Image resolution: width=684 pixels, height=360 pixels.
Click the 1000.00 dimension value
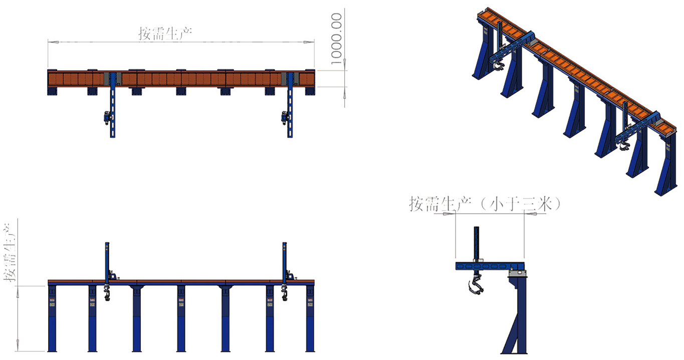(337, 39)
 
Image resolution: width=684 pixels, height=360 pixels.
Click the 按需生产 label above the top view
(165, 34)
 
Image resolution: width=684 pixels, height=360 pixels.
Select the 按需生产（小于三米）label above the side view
(485, 204)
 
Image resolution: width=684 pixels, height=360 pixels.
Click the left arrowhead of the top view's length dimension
(53, 42)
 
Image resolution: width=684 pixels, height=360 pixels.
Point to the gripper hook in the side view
(475, 284)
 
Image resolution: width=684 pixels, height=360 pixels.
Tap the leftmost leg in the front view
(52, 318)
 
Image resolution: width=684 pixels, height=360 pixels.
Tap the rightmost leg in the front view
(310, 318)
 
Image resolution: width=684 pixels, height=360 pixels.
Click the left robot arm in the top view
(112, 105)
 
